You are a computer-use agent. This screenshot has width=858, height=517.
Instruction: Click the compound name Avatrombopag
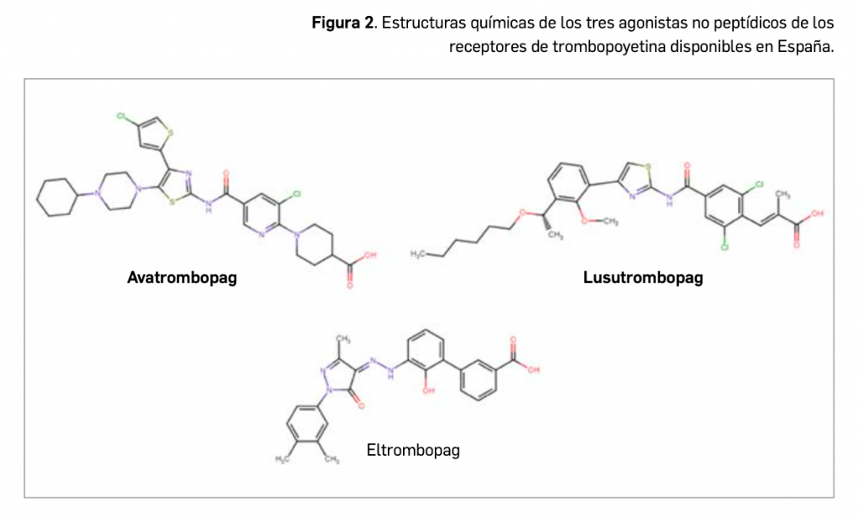click(182, 278)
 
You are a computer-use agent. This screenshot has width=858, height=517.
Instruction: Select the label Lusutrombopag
click(643, 278)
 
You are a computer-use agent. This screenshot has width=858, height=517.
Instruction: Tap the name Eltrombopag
click(413, 451)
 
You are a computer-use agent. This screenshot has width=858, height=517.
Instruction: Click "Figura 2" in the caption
click(342, 23)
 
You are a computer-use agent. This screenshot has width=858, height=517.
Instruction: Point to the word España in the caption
click(806, 46)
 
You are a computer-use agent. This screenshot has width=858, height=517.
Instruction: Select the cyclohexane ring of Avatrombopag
click(58, 197)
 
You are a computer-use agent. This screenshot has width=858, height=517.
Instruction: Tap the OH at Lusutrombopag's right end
click(818, 215)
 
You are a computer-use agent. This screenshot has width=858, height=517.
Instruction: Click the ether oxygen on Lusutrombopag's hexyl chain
click(519, 214)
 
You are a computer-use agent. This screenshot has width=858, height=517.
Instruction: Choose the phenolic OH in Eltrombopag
click(430, 390)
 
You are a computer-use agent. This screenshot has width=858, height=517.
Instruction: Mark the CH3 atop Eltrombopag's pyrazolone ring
click(344, 338)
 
